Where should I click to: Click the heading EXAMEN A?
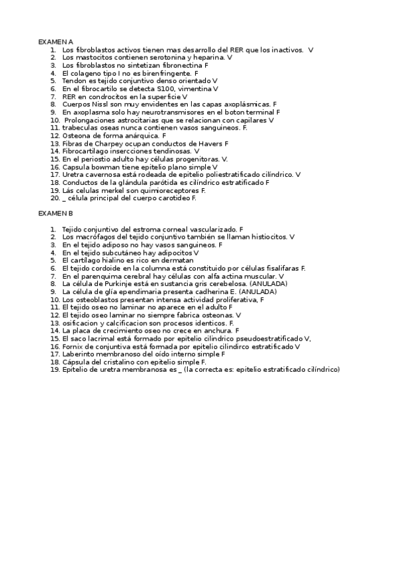point(55,42)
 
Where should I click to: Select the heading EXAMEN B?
point(55,213)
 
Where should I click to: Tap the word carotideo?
point(172,198)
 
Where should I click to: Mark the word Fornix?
point(73,346)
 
